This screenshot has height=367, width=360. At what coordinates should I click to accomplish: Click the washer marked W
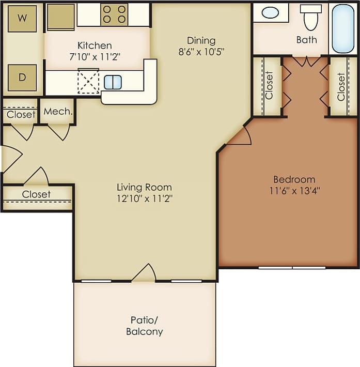(22, 19)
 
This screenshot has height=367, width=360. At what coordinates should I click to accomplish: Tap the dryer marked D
(22, 78)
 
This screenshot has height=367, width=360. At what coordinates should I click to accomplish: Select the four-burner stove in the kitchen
(114, 14)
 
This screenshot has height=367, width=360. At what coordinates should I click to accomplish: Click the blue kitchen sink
(113, 82)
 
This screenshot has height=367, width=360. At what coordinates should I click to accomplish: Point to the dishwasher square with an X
(88, 82)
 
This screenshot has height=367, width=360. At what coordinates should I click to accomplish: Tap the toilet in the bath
(310, 18)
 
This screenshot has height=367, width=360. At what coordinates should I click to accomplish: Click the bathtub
(343, 28)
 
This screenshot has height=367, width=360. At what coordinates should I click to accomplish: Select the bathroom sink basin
(270, 12)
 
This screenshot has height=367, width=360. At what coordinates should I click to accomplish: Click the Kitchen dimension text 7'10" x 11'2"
(95, 56)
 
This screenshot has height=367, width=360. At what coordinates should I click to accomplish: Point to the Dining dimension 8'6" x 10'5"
(201, 51)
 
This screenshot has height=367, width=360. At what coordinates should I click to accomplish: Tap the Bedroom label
(294, 179)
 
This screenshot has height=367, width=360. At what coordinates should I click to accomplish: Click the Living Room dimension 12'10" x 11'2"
(144, 198)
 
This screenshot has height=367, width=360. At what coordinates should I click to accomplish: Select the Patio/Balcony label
(145, 326)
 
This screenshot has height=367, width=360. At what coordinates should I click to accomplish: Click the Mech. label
(57, 112)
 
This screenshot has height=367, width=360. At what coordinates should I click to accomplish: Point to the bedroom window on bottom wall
(292, 267)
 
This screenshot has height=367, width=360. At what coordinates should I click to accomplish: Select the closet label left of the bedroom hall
(269, 86)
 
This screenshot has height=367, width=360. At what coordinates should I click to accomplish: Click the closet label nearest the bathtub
(341, 86)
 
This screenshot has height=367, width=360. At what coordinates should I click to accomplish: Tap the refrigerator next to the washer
(60, 17)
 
